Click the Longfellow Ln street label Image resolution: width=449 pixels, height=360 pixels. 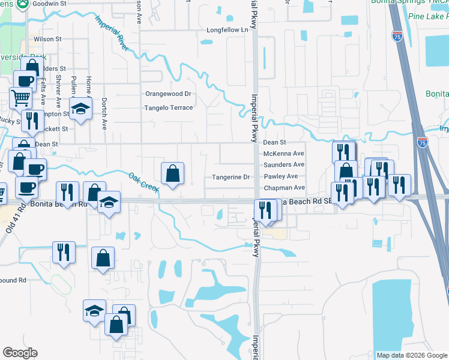coord(227,29)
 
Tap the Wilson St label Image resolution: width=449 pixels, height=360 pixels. coord(48,39)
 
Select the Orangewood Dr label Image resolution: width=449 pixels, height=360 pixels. coord(168,94)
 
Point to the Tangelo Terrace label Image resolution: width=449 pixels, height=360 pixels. coord(168,108)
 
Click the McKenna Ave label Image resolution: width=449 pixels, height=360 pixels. coord(284,154)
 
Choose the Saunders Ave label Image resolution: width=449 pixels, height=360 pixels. coord(285,164)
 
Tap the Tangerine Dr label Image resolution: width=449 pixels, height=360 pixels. coord(231,177)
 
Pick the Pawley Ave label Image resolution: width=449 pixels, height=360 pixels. coord(281,177)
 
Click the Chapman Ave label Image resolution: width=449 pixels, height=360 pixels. coord(285,188)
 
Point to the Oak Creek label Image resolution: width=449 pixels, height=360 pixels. coord(143,183)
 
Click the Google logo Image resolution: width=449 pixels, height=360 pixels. coord(20,353)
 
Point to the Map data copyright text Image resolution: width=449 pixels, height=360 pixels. coord(411,355)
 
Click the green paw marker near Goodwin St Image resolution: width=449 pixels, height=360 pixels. coord(22,4)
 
